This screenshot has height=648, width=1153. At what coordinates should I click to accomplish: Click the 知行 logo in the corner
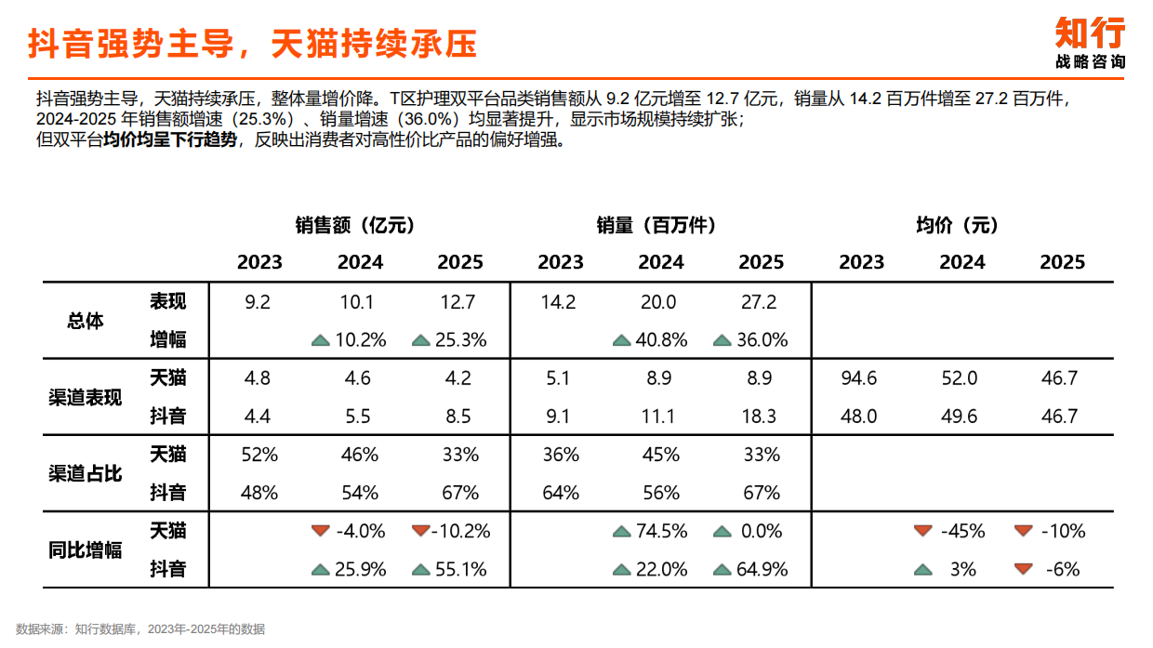(1089, 43)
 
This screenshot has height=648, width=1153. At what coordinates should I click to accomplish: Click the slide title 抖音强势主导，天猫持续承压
(252, 43)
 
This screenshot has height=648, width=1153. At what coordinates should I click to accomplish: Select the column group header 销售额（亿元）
(357, 225)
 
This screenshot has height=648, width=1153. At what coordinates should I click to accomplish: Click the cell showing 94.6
(858, 378)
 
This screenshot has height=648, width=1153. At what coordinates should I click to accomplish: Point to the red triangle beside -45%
(922, 531)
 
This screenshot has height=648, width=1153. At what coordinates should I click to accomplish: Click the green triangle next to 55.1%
(420, 570)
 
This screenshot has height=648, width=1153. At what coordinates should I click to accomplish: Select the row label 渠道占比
(86, 472)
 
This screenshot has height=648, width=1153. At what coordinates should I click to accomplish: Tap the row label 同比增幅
(86, 549)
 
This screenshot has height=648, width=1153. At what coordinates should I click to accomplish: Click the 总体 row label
(86, 321)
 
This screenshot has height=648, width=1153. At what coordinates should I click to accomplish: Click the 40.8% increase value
(661, 340)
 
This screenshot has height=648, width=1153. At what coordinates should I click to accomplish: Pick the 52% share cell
(259, 456)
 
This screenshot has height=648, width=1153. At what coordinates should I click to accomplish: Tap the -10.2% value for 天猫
(462, 532)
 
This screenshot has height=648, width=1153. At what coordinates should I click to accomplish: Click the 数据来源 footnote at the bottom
(140, 629)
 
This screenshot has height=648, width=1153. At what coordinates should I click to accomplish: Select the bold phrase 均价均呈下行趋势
(177, 140)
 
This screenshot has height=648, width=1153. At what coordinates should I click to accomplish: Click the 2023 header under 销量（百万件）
(561, 262)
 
